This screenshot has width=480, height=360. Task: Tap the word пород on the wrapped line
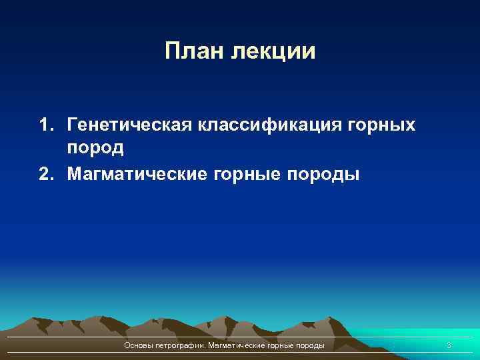95,147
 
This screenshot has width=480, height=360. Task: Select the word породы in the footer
312,346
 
